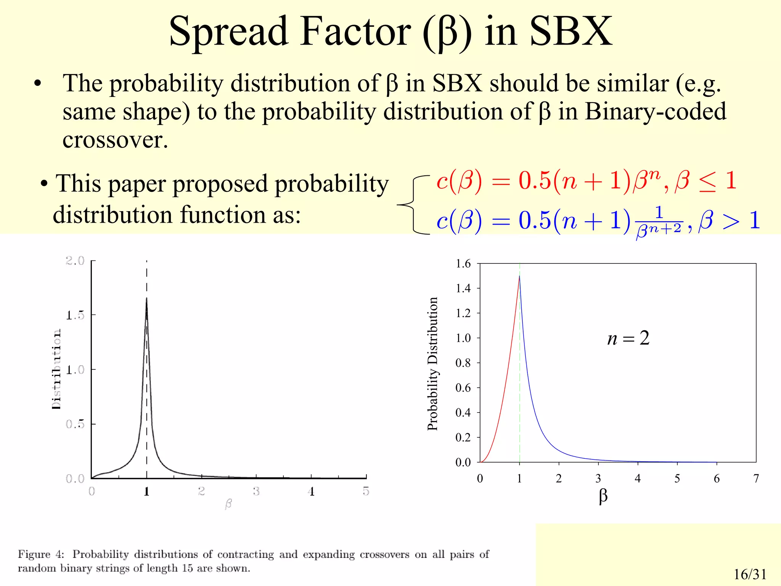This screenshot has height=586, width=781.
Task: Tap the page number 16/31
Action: (x=750, y=574)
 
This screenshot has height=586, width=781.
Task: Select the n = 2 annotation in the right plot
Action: (x=628, y=338)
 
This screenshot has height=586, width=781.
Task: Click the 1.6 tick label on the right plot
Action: (x=463, y=264)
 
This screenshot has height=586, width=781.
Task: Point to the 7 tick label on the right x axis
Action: (x=756, y=478)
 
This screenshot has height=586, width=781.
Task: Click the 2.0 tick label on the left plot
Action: (x=75, y=261)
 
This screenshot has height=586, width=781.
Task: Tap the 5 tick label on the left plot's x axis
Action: (x=366, y=491)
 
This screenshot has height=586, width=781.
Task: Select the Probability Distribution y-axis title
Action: (x=432, y=364)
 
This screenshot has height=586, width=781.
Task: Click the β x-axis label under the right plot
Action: (x=603, y=496)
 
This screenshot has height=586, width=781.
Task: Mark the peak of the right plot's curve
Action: (x=519, y=276)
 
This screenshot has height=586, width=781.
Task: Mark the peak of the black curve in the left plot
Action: (x=146, y=299)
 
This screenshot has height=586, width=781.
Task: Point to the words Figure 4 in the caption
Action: (x=41, y=554)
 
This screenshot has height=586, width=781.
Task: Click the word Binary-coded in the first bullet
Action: (x=655, y=111)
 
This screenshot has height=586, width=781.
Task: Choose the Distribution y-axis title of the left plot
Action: (x=56, y=369)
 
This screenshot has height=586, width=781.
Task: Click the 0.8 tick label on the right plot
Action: (x=463, y=363)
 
